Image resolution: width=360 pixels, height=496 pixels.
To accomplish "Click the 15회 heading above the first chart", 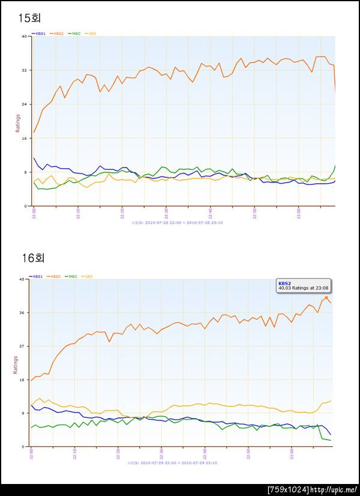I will (29, 17).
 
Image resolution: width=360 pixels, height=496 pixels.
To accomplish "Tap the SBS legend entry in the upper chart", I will (89, 34).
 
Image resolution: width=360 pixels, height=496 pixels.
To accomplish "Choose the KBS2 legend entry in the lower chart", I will (56, 276).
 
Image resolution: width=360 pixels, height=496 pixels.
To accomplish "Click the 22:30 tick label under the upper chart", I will (166, 214).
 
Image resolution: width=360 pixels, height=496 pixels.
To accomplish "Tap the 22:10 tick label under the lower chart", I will (74, 455).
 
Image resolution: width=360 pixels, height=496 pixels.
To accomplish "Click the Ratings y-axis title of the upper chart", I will (17, 122).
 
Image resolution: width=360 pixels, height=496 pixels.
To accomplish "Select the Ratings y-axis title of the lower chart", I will (16, 364).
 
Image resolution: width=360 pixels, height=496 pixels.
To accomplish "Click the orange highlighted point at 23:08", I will (326, 297).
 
